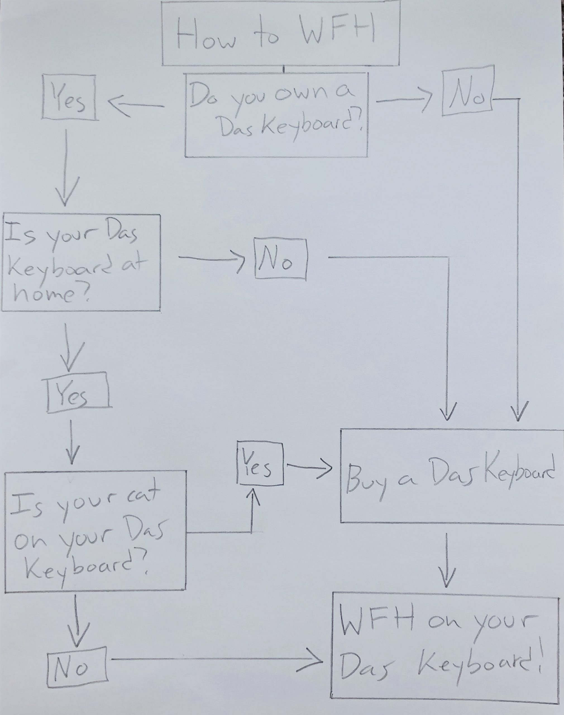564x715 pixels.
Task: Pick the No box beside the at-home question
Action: tap(280, 259)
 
